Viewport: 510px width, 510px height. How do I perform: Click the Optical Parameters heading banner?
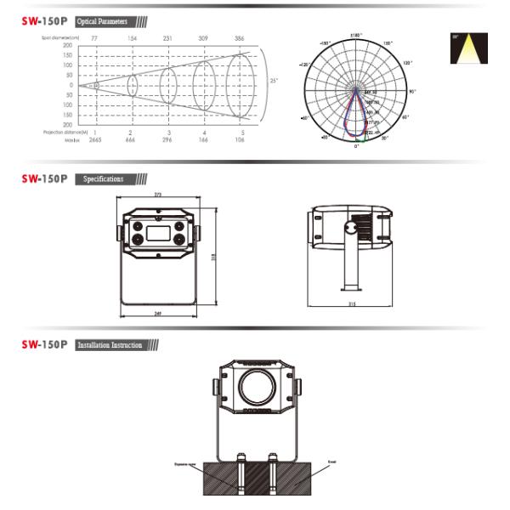101,20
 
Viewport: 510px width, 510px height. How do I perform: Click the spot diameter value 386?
240,38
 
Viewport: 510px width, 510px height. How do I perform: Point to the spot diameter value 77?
94,38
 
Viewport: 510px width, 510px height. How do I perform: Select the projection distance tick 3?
167,133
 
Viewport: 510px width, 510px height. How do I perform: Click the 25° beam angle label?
274,81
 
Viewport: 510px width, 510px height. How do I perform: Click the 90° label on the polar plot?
412,91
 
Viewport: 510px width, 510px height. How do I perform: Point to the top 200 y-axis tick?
67,45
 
